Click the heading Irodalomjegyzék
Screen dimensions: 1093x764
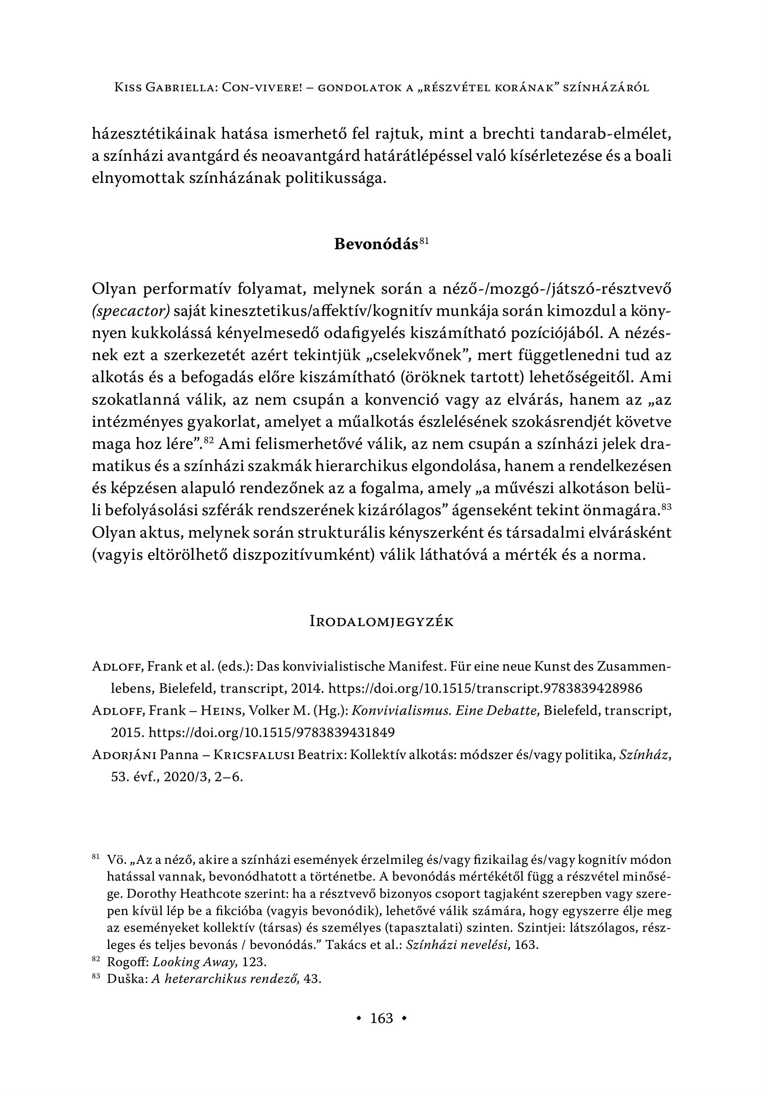click(381, 622)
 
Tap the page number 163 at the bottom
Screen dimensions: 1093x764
click(382, 1018)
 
